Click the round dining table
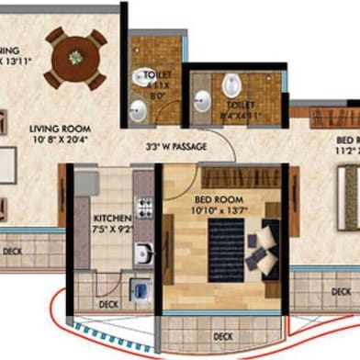74,58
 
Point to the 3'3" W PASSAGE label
176,145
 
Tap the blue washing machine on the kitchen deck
141,292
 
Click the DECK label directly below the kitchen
108,302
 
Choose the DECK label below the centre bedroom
221,334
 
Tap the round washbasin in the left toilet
139,112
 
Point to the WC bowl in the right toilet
231,86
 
